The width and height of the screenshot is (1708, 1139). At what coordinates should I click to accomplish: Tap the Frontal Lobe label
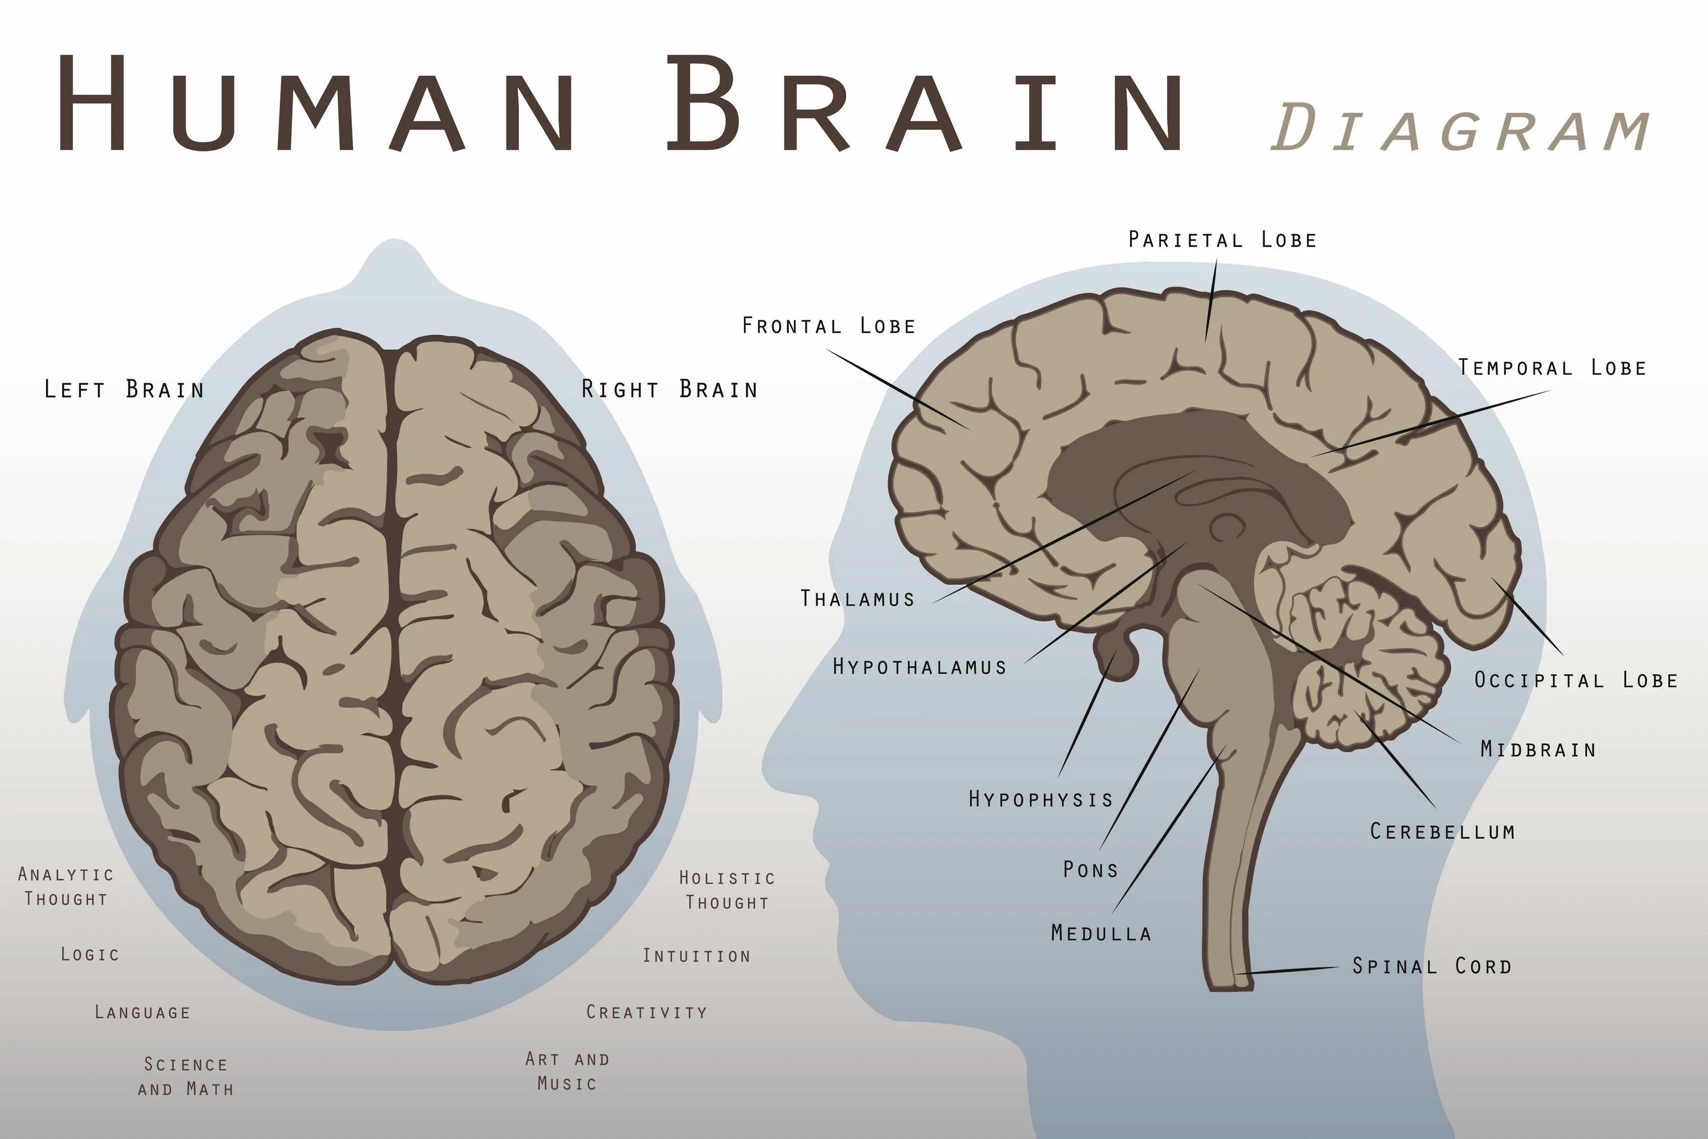pos(828,326)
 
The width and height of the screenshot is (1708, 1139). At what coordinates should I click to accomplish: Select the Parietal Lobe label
pos(1222,240)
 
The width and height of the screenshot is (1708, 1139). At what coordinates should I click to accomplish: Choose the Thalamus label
pos(857,599)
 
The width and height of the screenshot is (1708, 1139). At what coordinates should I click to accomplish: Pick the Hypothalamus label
pos(919,666)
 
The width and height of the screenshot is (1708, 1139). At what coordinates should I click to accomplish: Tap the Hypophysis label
pos(1041,800)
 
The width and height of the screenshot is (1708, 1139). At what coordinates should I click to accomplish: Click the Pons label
pos(1090,870)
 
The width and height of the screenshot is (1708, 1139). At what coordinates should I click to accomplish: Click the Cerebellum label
pos(1442,831)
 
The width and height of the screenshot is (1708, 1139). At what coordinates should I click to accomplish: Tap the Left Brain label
pos(124,390)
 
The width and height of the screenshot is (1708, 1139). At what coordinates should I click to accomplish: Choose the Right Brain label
pos(670,390)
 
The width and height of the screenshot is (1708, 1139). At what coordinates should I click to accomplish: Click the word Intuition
pos(696,956)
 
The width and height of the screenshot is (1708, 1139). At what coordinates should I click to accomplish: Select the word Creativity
pos(646,1012)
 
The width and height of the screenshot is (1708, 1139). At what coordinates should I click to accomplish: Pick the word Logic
pos(90,954)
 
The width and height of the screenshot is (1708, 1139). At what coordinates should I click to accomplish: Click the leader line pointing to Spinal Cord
pos(1289,970)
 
